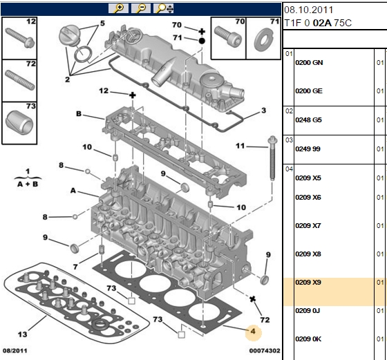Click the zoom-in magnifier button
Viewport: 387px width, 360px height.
(118, 8)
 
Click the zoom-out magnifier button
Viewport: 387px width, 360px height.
(141, 8)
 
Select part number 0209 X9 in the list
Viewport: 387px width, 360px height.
(308, 283)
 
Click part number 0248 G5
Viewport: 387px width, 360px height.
(308, 120)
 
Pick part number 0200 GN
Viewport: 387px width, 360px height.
(309, 63)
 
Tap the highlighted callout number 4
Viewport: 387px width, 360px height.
(253, 332)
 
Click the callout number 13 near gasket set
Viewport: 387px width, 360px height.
(22, 334)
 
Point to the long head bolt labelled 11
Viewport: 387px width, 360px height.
(272, 158)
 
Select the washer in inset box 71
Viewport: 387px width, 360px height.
(263, 39)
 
